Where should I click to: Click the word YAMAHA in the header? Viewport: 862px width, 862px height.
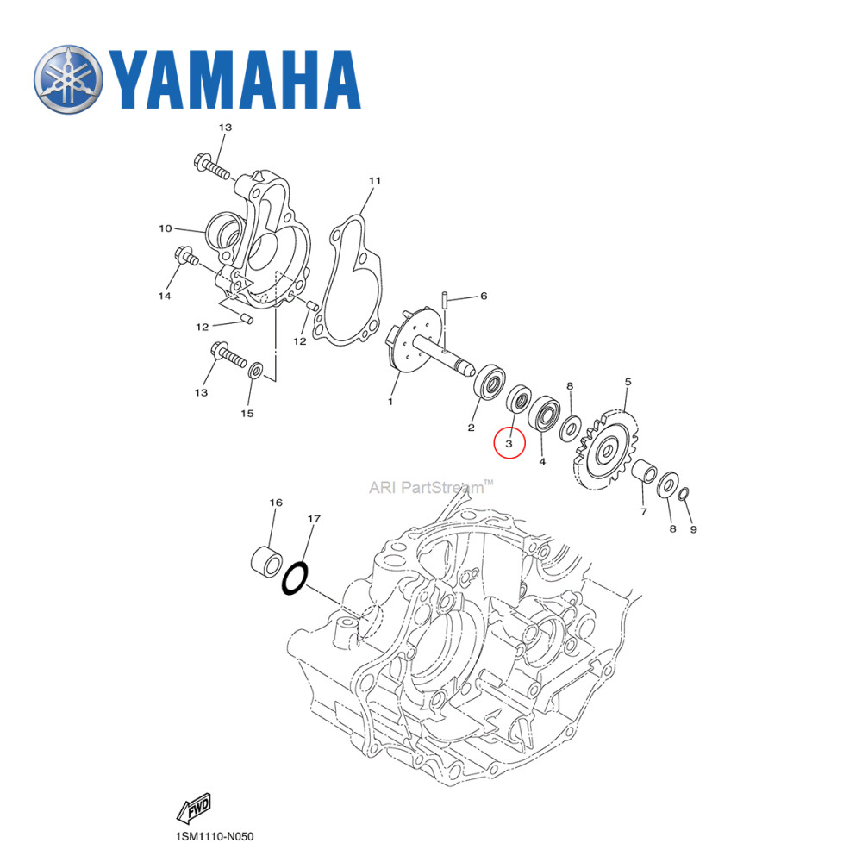point(234,79)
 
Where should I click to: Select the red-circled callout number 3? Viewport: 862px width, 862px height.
point(509,443)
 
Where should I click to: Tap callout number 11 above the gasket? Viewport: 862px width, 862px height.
point(374,181)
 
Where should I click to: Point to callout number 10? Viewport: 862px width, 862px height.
point(165,229)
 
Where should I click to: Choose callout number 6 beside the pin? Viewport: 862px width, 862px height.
point(484,296)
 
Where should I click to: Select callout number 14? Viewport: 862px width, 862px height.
point(164,296)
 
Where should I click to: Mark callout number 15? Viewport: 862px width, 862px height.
point(247,414)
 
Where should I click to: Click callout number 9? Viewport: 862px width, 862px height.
point(692,528)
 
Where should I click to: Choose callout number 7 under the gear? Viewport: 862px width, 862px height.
point(642,512)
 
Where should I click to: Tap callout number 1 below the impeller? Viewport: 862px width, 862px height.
point(390,401)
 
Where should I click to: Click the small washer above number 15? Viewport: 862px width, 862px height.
point(256,372)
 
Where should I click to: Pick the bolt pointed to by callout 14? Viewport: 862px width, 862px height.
point(186,256)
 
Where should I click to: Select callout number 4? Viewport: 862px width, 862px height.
point(542,462)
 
